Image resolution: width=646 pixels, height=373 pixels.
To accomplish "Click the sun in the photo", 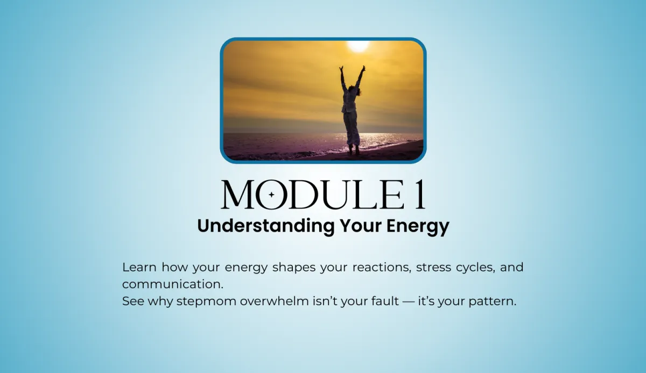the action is click(358, 46).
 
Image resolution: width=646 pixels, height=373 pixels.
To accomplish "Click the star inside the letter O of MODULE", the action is click(271, 195).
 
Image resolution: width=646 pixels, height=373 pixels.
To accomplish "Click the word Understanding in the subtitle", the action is click(265, 226).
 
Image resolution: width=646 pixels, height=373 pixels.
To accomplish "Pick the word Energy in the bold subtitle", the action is click(418, 227).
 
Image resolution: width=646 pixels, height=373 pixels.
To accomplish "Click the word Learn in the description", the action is click(139, 267).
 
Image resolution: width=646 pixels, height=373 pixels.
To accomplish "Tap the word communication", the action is click(173, 284).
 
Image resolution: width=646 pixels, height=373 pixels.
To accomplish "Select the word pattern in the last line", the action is click(492, 302).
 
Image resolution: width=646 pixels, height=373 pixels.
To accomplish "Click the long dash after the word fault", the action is click(409, 302).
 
